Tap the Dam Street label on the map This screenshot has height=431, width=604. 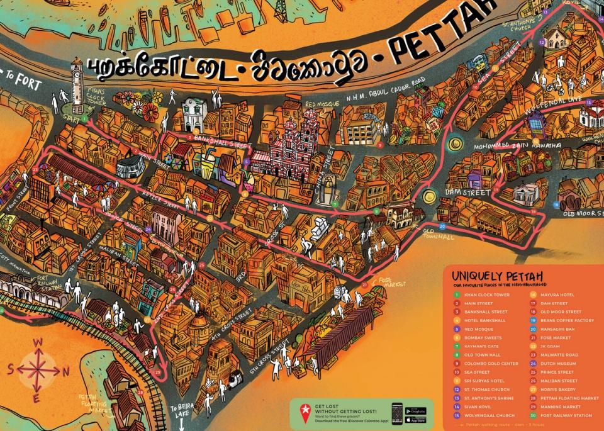click(x=466, y=191)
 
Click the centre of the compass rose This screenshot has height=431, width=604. click(x=37, y=371)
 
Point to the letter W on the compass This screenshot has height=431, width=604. click(x=37, y=343)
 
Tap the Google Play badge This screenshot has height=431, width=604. click(x=415, y=410)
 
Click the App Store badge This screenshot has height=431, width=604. click(x=415, y=420)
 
